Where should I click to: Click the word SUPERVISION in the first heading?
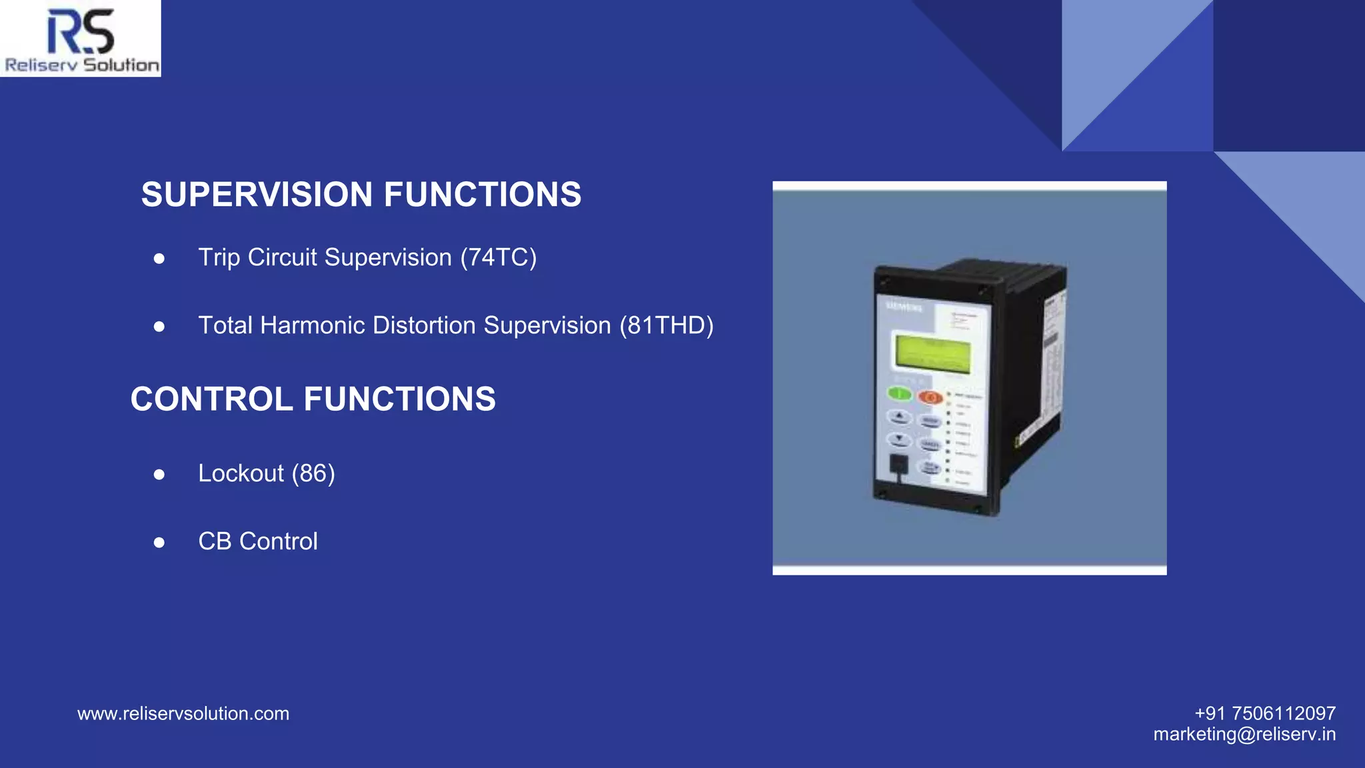[x=257, y=195]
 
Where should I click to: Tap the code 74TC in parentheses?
[x=499, y=257]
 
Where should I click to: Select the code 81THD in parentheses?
[x=667, y=325]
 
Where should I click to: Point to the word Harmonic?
[x=313, y=325]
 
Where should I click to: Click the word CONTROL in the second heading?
[x=212, y=399]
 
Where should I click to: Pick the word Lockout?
[x=241, y=473]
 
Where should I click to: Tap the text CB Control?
[x=258, y=541]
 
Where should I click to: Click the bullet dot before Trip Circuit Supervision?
[x=159, y=259]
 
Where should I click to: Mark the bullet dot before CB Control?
[x=159, y=543]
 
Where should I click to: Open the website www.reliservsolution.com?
[x=183, y=713]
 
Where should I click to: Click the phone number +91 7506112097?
[x=1264, y=713]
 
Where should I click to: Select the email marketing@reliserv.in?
[x=1244, y=734]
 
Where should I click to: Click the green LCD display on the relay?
[x=932, y=353]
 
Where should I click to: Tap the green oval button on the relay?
[x=900, y=393]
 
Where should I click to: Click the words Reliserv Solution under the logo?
[x=82, y=65]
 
